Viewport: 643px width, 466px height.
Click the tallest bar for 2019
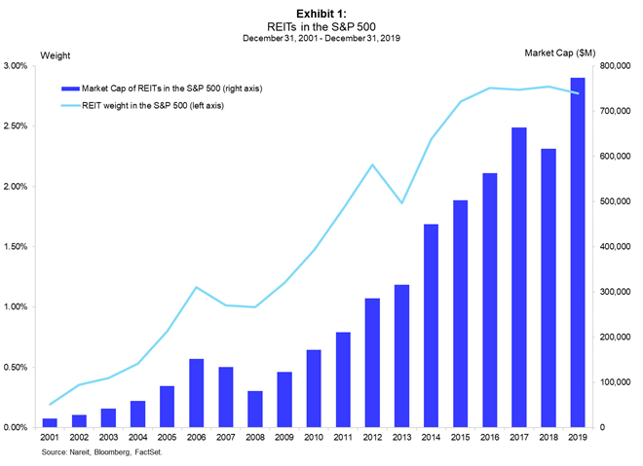pyautogui.click(x=577, y=253)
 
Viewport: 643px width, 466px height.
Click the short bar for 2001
pyautogui.click(x=50, y=422)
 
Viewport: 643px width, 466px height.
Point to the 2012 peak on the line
pyautogui.click(x=372, y=164)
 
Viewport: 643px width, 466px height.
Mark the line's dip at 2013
pyautogui.click(x=401, y=202)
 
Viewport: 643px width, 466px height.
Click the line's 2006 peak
pyautogui.click(x=196, y=287)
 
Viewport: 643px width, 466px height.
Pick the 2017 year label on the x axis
pyautogui.click(x=518, y=438)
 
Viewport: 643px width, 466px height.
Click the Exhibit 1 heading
pyautogui.click(x=321, y=13)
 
